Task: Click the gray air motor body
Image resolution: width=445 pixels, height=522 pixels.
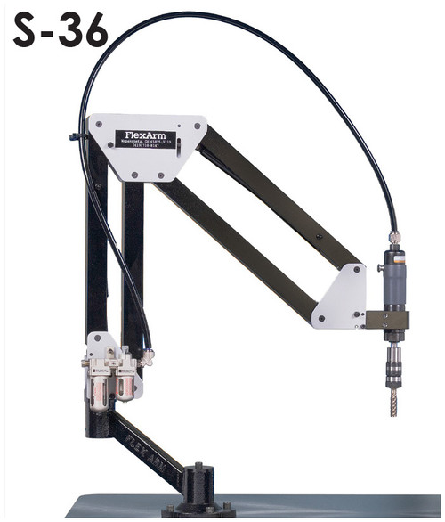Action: coord(394,281)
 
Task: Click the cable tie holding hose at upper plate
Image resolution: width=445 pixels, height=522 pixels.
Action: coord(83,137)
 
